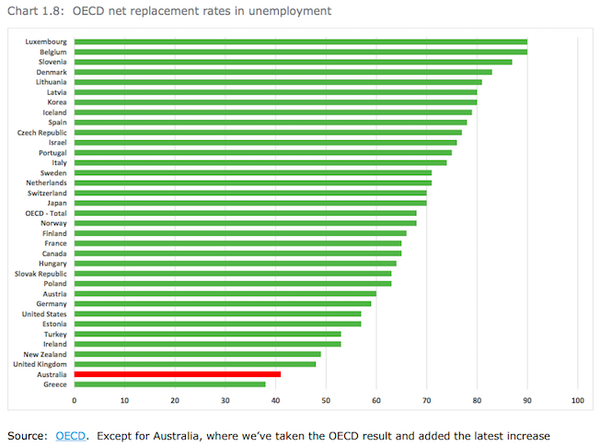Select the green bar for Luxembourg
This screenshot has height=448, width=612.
click(300, 41)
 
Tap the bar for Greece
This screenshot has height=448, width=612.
click(169, 384)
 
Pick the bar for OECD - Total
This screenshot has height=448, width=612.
click(245, 212)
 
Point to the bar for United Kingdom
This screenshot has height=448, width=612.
click(194, 363)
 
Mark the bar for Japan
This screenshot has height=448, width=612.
click(249, 202)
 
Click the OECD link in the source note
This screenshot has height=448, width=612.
click(71, 434)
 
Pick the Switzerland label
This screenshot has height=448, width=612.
click(47, 193)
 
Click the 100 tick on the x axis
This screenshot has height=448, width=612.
click(578, 400)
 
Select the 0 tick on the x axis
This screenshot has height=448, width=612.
click(75, 400)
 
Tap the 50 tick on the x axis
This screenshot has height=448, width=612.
click(326, 400)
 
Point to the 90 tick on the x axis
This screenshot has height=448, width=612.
click(527, 400)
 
